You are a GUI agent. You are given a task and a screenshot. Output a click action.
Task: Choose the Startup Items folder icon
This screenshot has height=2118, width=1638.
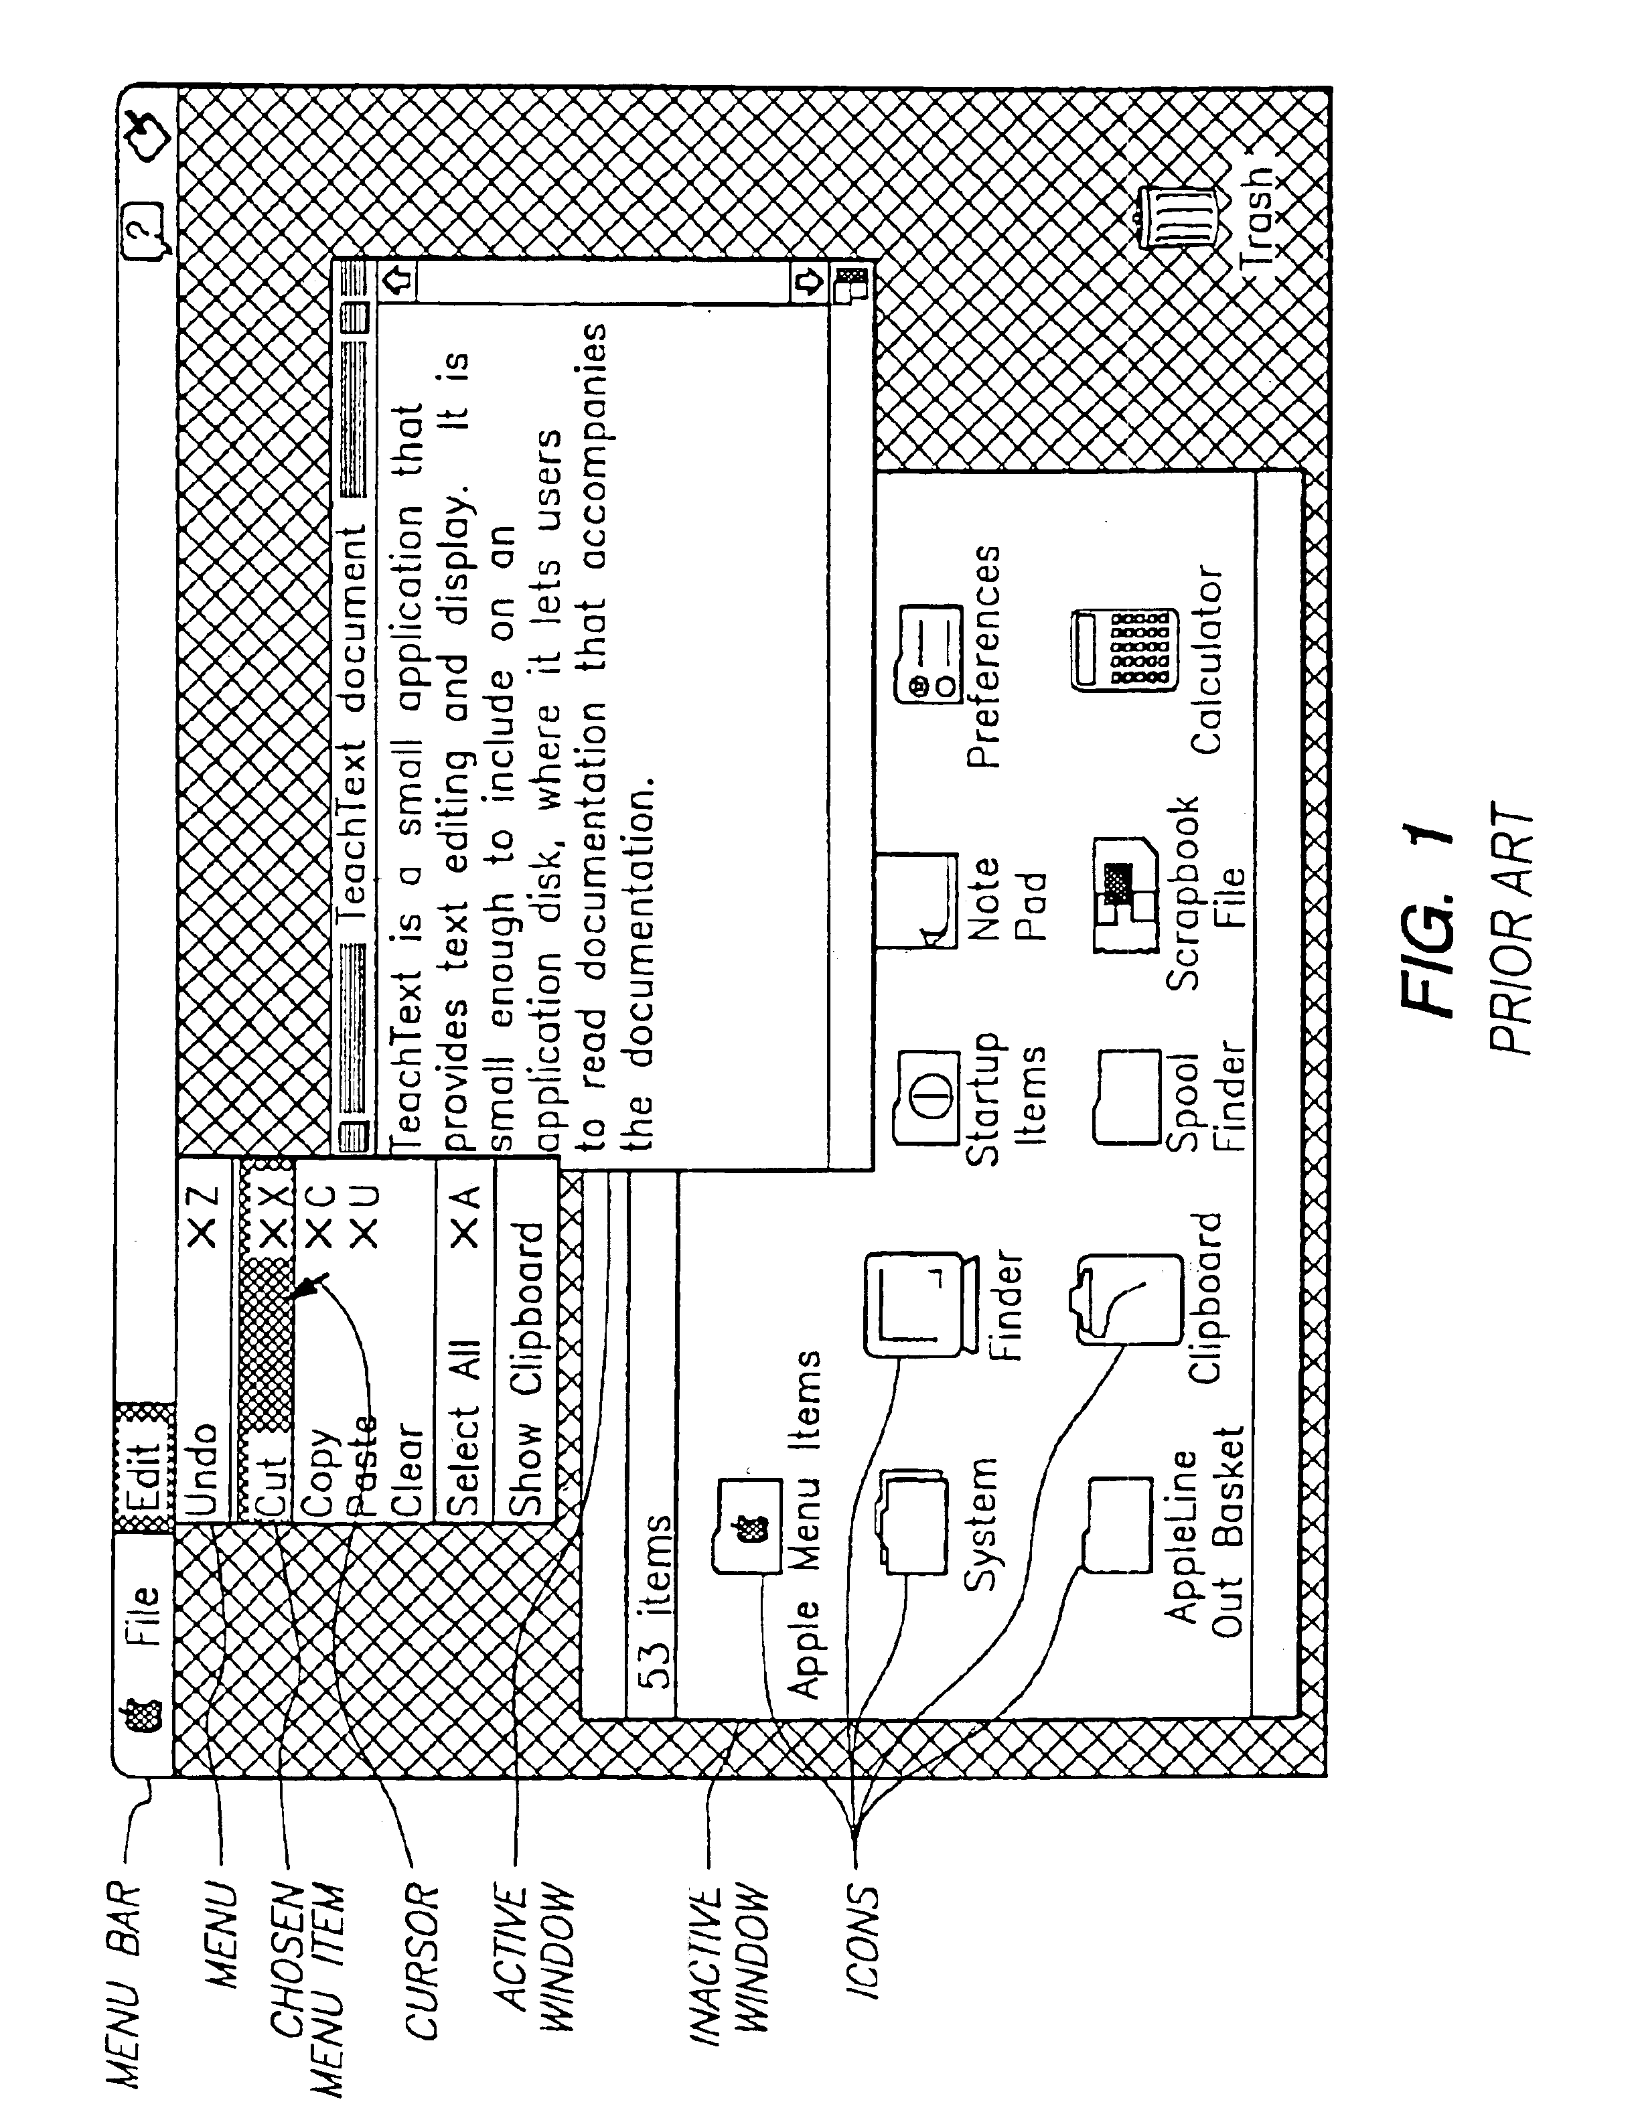coord(928,1096)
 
